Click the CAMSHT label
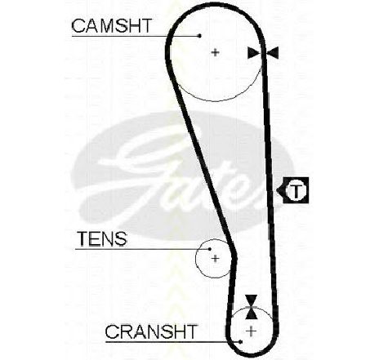111,26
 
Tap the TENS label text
102,238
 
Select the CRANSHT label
151,331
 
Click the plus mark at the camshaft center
216,52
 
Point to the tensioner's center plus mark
216,258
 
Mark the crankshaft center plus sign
251,331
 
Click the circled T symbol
296,190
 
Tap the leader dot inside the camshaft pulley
200,36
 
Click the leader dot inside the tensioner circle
210,249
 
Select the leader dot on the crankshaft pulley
240,341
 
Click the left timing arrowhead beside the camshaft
254,52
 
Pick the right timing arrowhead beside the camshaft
273,52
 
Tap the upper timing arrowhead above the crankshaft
251,300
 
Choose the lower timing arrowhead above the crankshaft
251,313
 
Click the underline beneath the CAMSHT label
136,36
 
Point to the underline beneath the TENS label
142,249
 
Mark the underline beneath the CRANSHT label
173,341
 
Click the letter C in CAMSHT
78,26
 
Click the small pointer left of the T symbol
280,190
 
